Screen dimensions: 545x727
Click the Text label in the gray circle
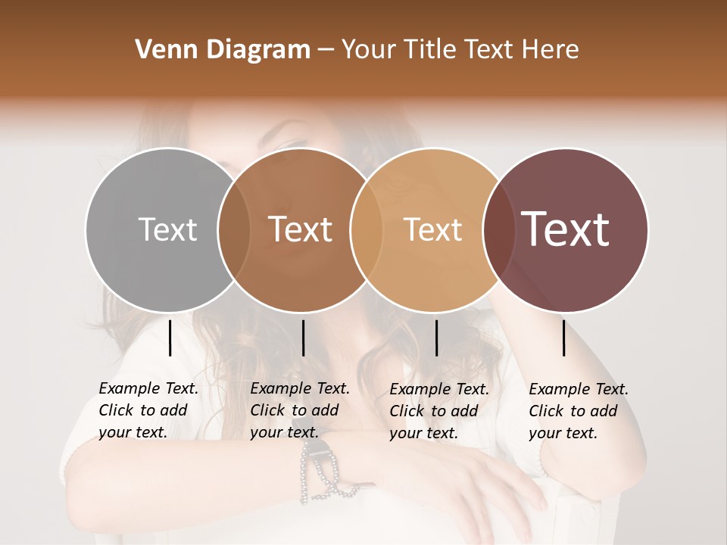(167, 229)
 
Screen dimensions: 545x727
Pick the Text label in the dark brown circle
(301, 229)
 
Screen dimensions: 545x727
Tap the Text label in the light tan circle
(432, 229)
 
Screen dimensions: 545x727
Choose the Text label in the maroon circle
(566, 229)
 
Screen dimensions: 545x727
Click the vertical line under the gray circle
(170, 338)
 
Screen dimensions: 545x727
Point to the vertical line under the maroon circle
(564, 338)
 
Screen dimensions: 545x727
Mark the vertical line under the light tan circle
(436, 338)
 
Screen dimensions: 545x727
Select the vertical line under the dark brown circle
(303, 338)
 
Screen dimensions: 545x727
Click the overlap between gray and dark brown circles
(234, 229)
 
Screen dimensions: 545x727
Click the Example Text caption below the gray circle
(148, 410)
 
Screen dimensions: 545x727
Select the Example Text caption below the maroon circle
(579, 410)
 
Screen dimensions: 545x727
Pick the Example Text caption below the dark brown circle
(300, 410)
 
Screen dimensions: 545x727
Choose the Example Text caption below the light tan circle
(439, 410)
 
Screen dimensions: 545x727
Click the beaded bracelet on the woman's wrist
(318, 469)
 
